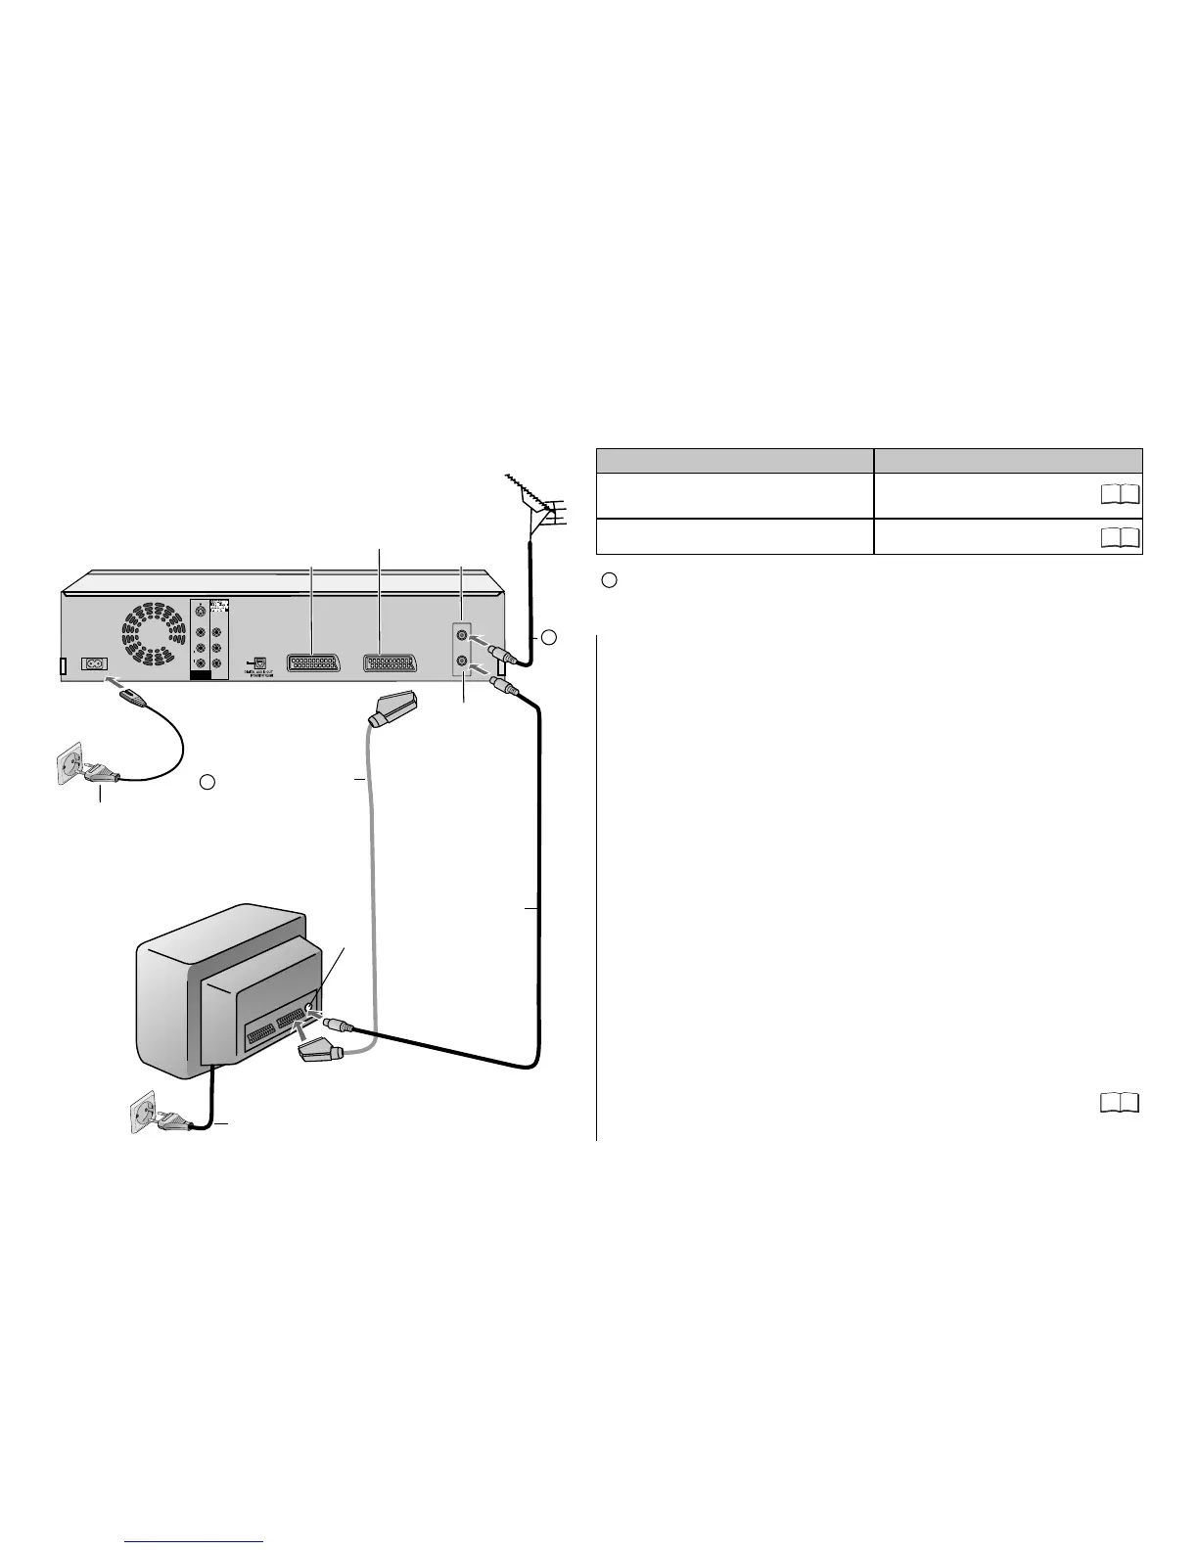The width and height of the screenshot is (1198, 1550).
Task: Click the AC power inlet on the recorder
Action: click(95, 662)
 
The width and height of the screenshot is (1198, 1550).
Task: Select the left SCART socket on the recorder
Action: click(313, 661)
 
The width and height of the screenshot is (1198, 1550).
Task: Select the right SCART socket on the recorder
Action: click(389, 661)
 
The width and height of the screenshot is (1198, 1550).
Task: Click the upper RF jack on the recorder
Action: click(462, 635)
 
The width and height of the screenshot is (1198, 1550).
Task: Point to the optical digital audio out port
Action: click(258, 661)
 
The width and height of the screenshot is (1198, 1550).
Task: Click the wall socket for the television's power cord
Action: click(145, 1114)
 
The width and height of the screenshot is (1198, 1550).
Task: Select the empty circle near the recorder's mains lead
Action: click(207, 781)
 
